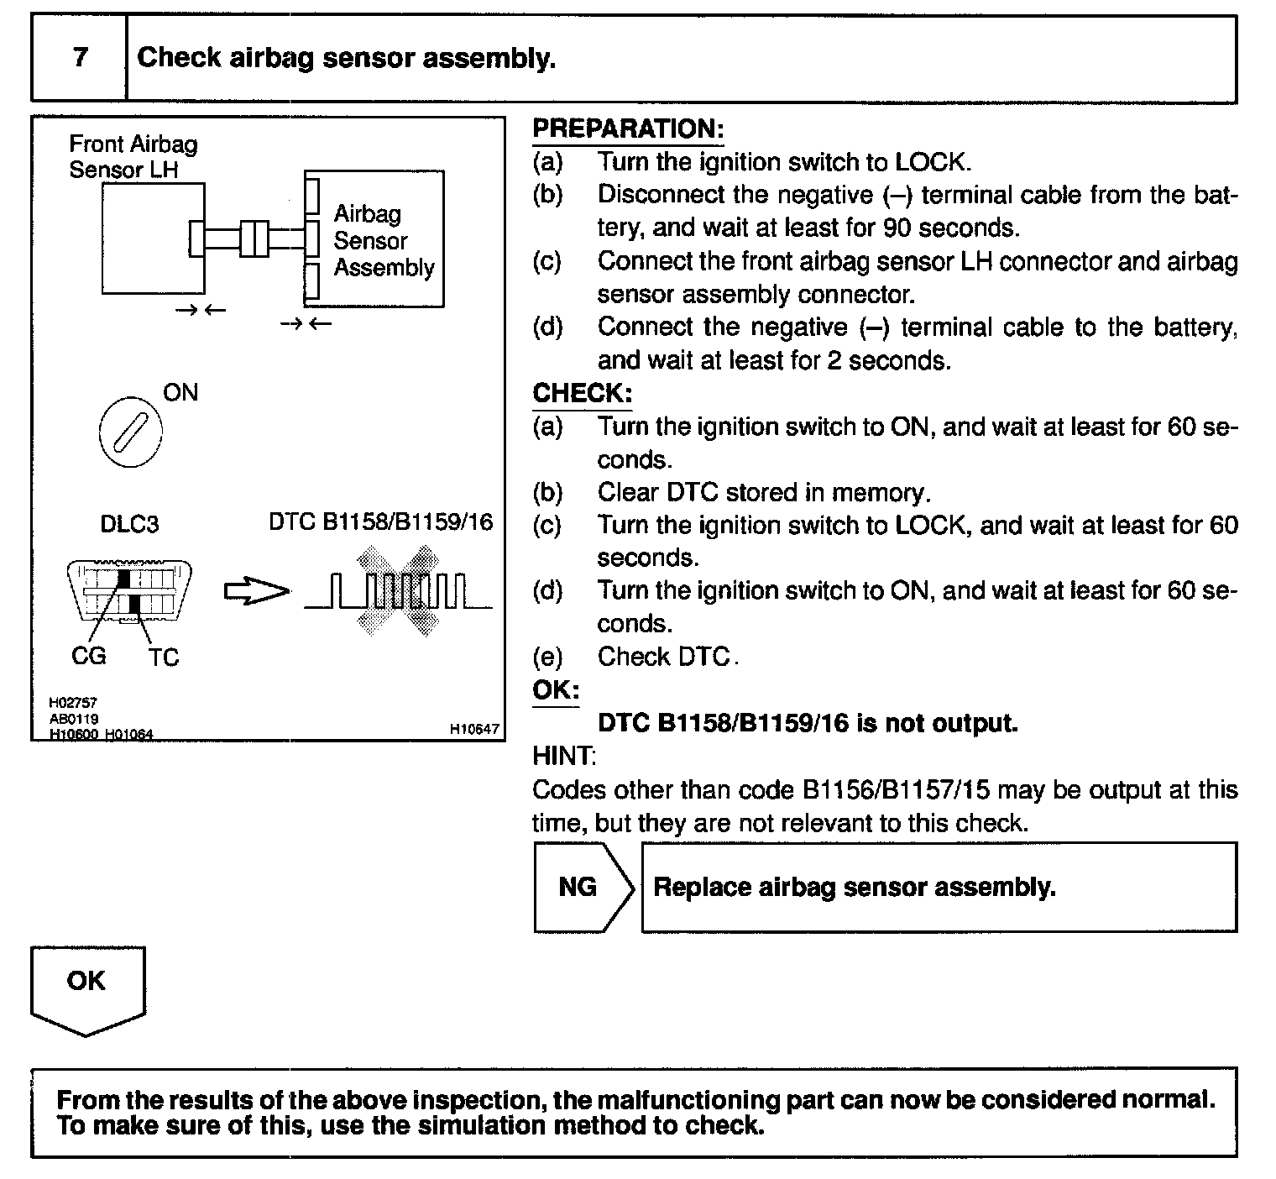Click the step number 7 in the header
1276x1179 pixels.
[80, 58]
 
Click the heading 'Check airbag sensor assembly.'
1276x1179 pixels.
[346, 58]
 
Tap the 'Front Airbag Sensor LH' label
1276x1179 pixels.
[133, 157]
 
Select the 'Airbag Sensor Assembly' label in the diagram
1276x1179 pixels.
[383, 241]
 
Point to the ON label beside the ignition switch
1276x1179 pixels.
[180, 393]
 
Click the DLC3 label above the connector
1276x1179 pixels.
[129, 525]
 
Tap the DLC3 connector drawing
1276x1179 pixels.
[128, 590]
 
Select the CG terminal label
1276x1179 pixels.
[89, 656]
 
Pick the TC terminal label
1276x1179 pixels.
[164, 657]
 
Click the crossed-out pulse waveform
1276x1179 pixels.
[398, 591]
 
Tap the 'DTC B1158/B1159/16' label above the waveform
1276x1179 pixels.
[380, 522]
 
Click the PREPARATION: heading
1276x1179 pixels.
[628, 129]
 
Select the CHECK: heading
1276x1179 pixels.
[582, 393]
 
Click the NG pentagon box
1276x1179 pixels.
[581, 888]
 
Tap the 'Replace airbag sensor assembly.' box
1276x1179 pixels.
[939, 888]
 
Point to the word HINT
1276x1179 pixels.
[563, 756]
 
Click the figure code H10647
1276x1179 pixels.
[474, 730]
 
